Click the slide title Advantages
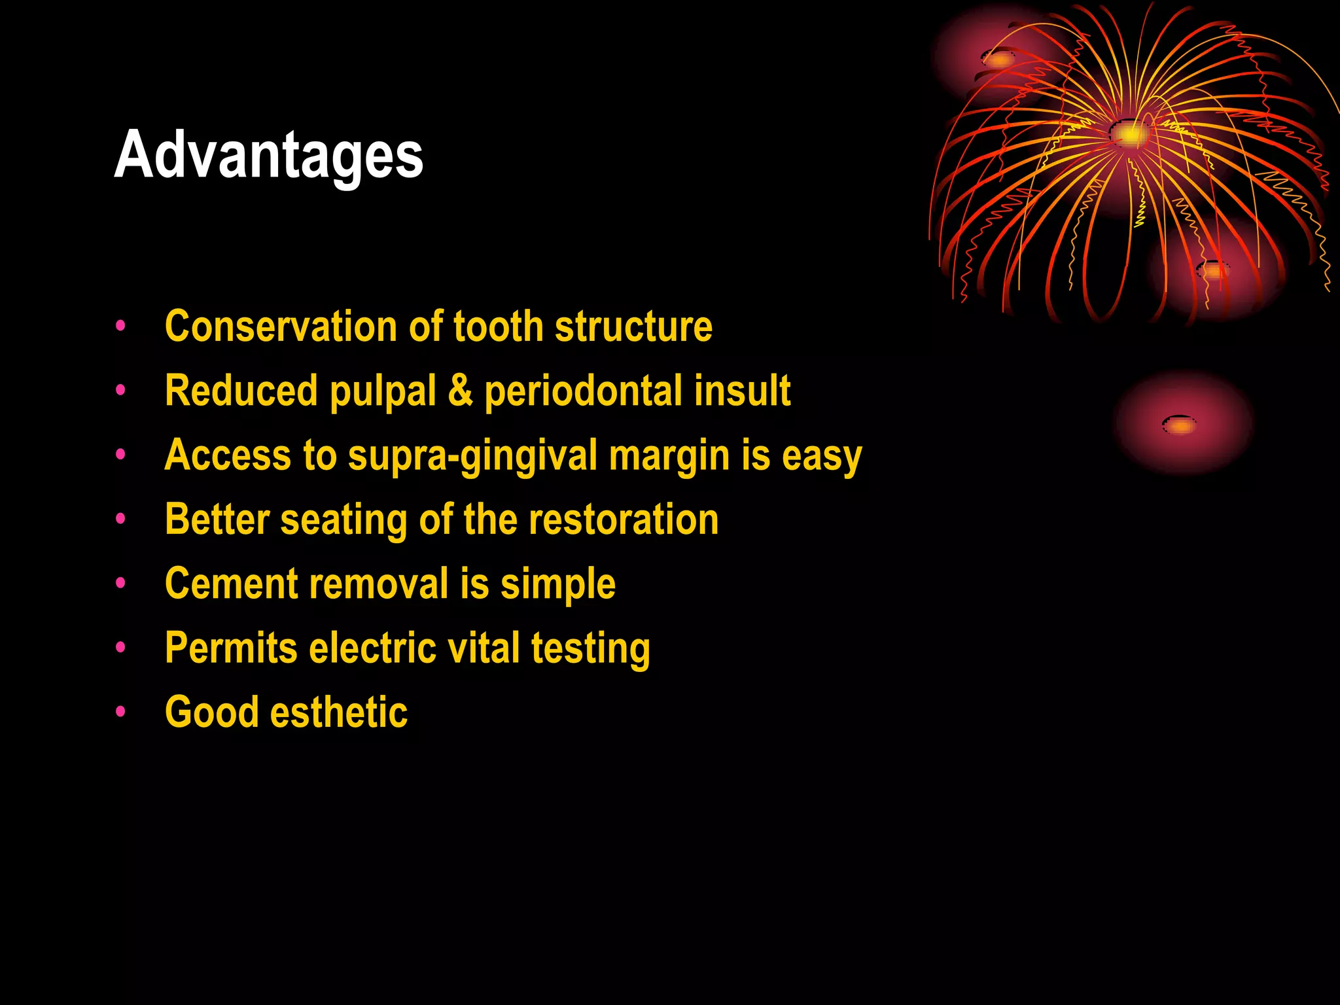coord(269,155)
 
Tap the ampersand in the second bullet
coord(460,390)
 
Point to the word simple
coord(557,583)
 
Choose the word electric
coord(372,648)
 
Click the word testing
coord(590,648)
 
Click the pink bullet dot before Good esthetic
coord(120,711)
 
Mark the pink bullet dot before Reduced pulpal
coord(120,390)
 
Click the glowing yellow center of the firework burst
coord(1129,134)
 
